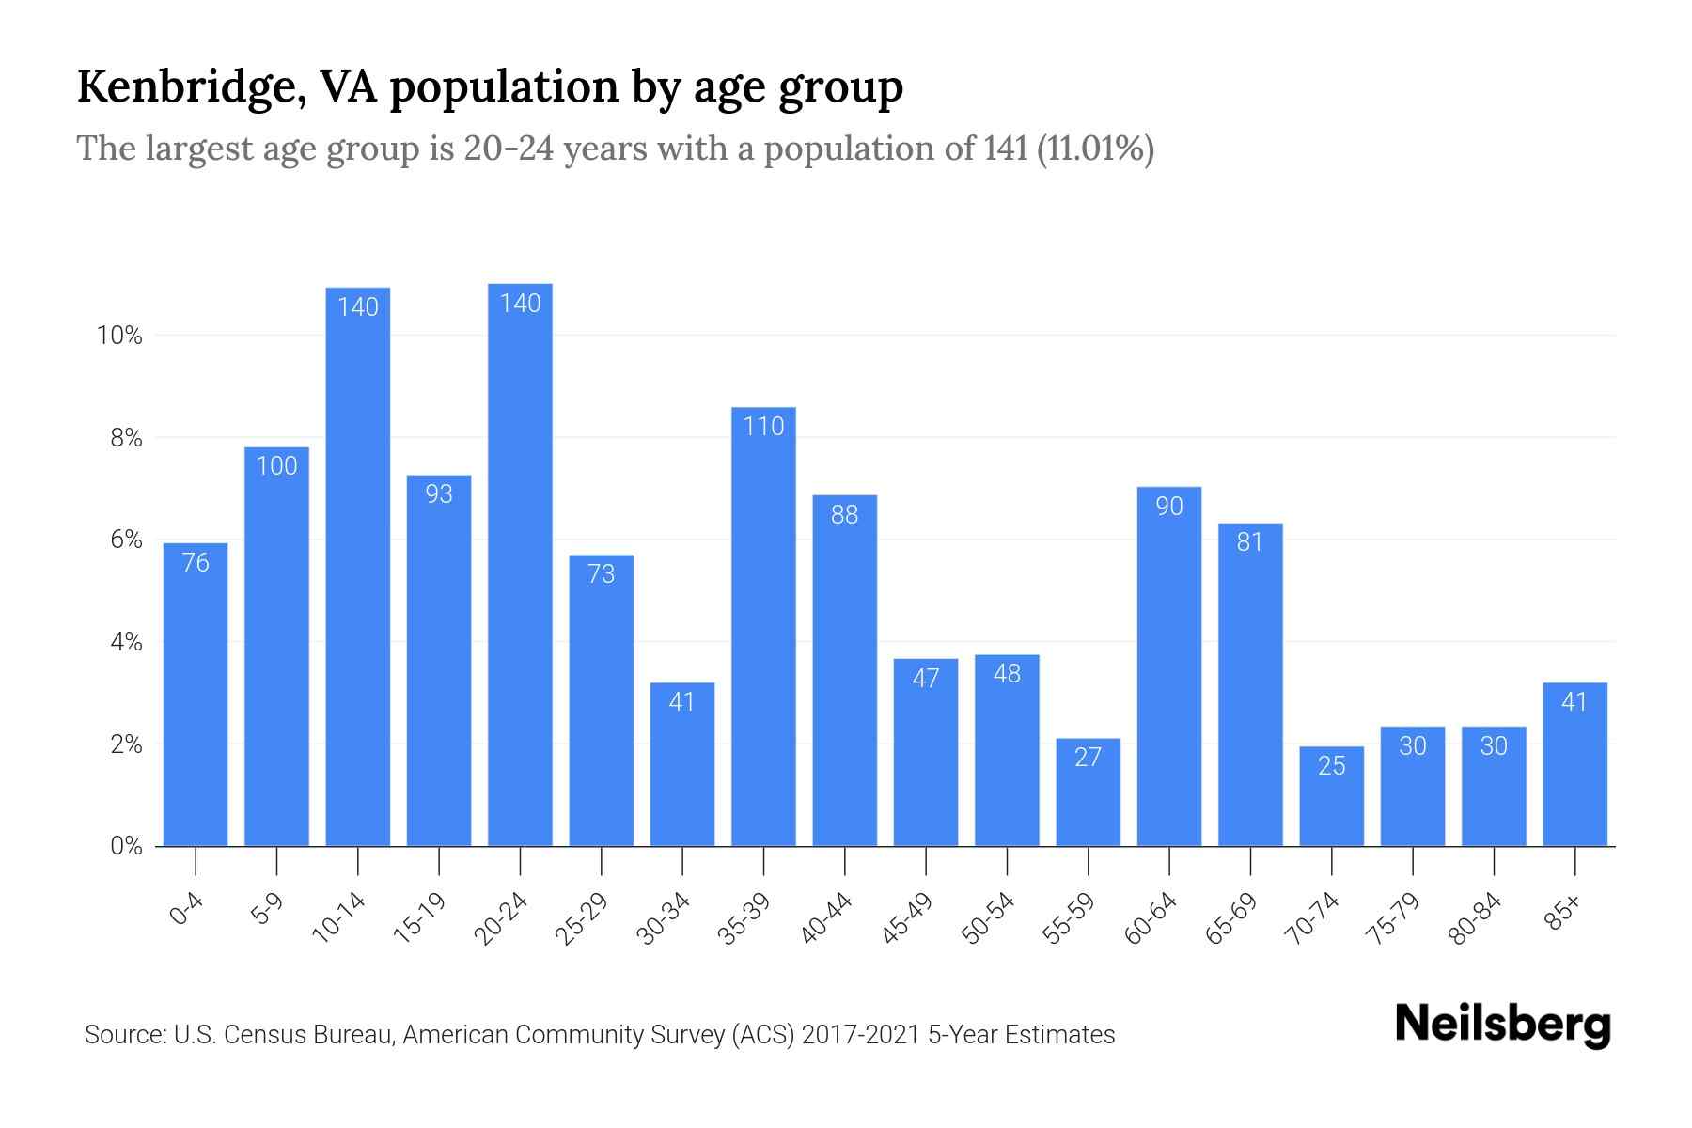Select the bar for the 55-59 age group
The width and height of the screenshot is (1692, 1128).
click(x=1088, y=794)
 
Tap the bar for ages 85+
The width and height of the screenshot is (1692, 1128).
click(x=1574, y=766)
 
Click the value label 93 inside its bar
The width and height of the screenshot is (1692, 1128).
click(x=439, y=493)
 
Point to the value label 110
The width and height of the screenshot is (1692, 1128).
click(x=763, y=427)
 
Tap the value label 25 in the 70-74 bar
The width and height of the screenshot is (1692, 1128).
click(x=1331, y=766)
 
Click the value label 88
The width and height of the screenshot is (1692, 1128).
click(x=844, y=515)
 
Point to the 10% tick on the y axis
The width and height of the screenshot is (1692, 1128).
click(x=119, y=336)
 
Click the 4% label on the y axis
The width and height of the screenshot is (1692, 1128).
click(x=126, y=643)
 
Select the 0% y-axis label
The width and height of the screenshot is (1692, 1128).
click(x=126, y=847)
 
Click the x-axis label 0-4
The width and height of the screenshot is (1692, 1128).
click(x=187, y=910)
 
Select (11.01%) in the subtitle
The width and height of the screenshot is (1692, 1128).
click(x=1095, y=149)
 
